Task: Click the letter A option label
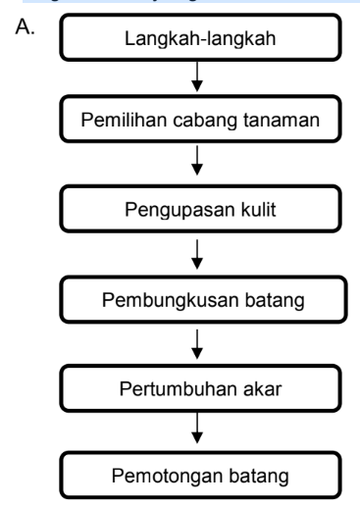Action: (x=25, y=26)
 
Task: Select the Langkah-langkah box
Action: (x=200, y=37)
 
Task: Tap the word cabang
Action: (x=205, y=121)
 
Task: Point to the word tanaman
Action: (x=282, y=120)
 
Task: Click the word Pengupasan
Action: (x=180, y=210)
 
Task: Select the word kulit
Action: (x=258, y=209)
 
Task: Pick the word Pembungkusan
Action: (x=170, y=300)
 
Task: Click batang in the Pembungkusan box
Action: (x=275, y=301)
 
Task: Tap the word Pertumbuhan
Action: (x=178, y=388)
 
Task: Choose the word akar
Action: (x=262, y=388)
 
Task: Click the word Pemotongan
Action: (x=167, y=476)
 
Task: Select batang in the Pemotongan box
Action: (x=259, y=477)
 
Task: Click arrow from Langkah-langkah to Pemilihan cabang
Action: (x=197, y=76)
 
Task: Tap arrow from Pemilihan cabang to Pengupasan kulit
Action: (x=197, y=161)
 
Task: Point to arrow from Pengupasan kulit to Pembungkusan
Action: (x=197, y=254)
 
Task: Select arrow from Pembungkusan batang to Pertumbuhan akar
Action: (x=197, y=344)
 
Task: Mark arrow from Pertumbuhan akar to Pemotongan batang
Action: (x=197, y=429)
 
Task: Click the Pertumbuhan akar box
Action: (x=200, y=388)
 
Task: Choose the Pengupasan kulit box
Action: (x=200, y=209)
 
